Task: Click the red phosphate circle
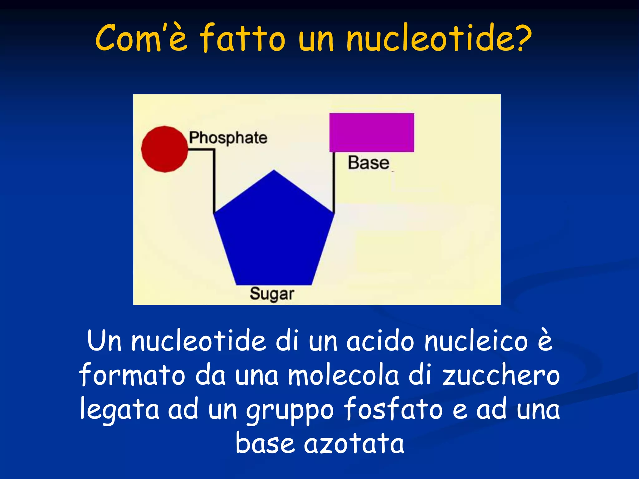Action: [164, 149]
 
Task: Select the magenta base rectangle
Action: [372, 133]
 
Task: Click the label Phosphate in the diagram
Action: [228, 138]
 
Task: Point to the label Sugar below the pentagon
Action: [272, 294]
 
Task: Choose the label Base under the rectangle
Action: [368, 163]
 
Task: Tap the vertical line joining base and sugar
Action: [334, 182]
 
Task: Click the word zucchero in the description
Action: [501, 375]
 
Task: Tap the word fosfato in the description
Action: [393, 409]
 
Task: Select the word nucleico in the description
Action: [476, 341]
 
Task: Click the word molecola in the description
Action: [343, 375]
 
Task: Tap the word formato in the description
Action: [133, 375]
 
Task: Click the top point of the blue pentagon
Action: [274, 171]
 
